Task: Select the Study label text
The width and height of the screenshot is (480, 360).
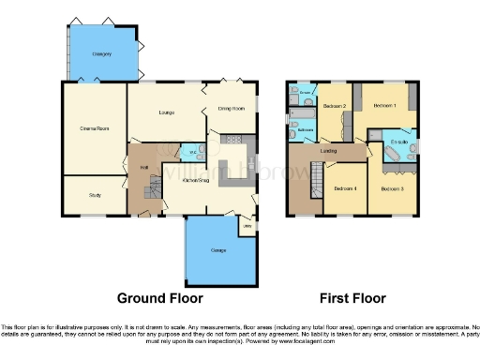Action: coord(95,196)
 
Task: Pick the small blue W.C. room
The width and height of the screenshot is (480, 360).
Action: coord(191,152)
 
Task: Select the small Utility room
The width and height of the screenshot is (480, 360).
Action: coord(247,225)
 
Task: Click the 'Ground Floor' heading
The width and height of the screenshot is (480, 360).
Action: coord(156,299)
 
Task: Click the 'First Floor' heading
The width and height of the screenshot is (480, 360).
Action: coord(354,299)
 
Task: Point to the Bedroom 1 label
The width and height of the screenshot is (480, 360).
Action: coord(385,106)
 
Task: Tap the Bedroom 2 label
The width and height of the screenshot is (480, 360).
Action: coord(335,107)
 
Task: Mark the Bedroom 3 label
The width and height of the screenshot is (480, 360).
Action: coord(392,188)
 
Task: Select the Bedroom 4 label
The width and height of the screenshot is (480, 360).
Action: coord(344,188)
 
